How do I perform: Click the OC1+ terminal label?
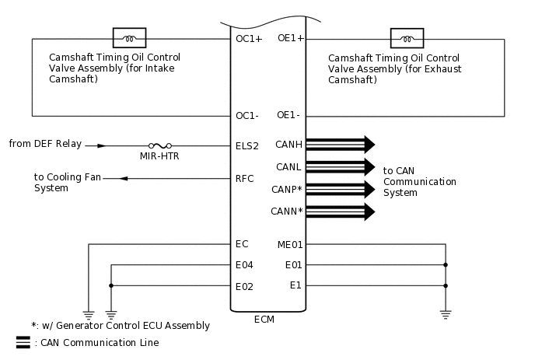point(248,38)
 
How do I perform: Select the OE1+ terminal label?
point(290,38)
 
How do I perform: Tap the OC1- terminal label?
point(247,116)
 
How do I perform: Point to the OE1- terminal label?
point(288,116)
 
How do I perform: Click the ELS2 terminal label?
point(247,145)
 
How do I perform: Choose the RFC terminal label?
point(245,179)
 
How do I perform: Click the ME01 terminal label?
point(289,244)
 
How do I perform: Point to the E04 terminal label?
point(244,265)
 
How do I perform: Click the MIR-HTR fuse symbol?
point(159,145)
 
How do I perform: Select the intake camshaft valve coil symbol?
point(130,38)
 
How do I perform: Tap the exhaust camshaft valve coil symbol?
point(407,38)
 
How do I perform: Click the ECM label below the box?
point(264,320)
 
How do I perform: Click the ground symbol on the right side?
point(446,314)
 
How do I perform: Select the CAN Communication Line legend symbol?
point(23,342)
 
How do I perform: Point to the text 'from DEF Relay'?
point(45,145)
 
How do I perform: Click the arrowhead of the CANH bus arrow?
point(370,144)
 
